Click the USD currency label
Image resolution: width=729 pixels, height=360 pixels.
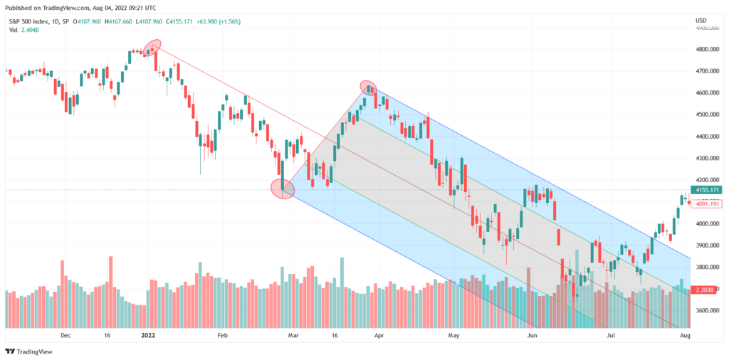tap(701, 20)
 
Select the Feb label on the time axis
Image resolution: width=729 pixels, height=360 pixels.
tap(222, 334)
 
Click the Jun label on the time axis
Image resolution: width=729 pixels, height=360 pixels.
tap(531, 334)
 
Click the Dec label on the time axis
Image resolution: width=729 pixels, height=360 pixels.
tap(65, 334)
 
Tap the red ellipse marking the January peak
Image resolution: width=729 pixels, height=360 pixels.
tap(152, 48)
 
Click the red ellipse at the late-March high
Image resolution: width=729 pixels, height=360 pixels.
tap(368, 88)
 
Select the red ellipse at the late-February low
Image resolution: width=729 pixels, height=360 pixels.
tap(283, 189)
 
